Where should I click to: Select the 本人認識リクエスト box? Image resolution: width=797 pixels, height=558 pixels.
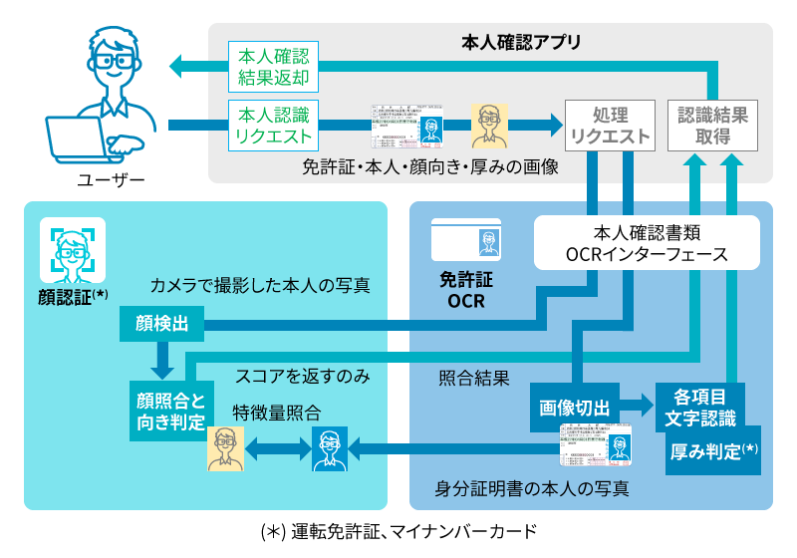pyautogui.click(x=271, y=125)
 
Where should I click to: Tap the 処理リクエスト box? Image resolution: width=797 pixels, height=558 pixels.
pyautogui.click(x=609, y=126)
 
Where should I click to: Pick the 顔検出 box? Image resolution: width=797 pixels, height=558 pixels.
pyautogui.click(x=160, y=323)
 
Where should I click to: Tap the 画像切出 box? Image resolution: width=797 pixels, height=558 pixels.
pyautogui.click(x=574, y=407)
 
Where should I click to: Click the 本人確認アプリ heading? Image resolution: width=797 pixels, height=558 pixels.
pyautogui.click(x=521, y=45)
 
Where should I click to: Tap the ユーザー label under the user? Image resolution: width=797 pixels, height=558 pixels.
pyautogui.click(x=111, y=180)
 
